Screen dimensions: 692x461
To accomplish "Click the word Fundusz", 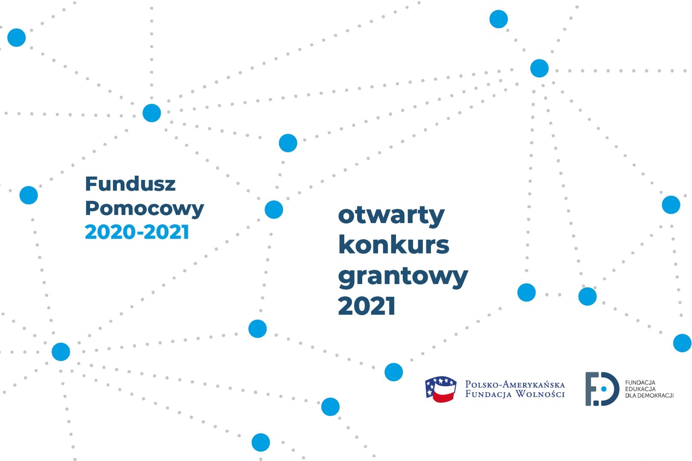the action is [130, 184].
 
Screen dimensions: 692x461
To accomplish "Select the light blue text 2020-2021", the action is [137, 232].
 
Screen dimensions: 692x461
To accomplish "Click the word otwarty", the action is [391, 216].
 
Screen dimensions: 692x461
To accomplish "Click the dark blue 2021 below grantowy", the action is [367, 305].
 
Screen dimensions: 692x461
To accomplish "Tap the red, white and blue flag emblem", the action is [441, 389].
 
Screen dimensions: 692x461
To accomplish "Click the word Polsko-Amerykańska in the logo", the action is [515, 385].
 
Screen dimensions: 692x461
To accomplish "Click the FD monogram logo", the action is [602, 389].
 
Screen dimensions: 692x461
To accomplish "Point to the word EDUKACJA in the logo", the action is [640, 389].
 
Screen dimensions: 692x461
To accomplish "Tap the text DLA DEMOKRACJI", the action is [649, 396].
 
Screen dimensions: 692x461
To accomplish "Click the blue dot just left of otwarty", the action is [274, 209].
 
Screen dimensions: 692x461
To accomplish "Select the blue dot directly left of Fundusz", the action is [29, 195].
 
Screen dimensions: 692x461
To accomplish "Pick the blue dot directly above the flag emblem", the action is [393, 372].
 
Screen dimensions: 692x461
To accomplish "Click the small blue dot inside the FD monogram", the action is [604, 389].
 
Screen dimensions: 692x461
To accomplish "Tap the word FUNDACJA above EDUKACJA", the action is [640, 382].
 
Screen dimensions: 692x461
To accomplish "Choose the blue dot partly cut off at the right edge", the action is [683, 343].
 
